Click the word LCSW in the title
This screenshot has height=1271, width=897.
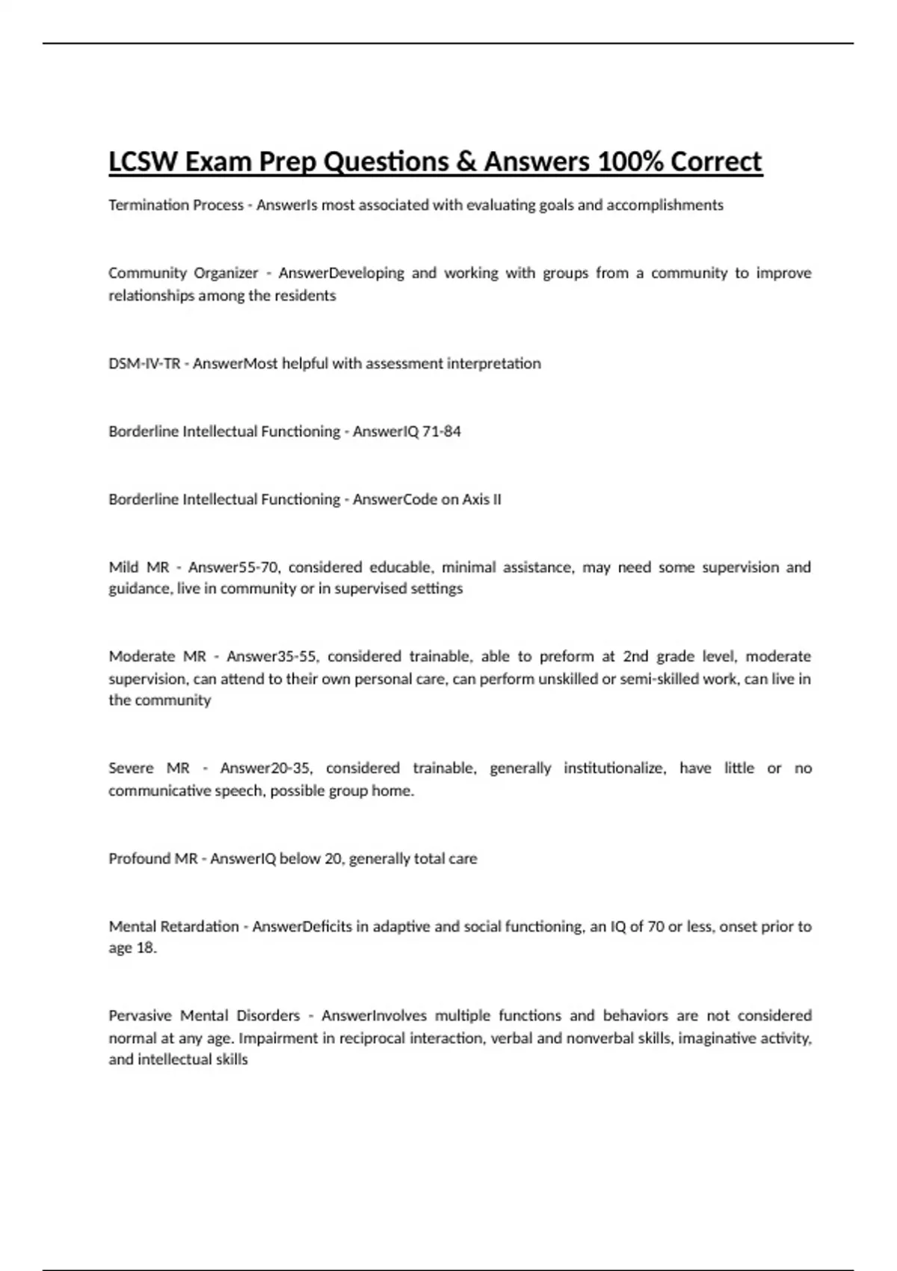point(142,161)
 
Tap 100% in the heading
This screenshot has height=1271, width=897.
point(629,161)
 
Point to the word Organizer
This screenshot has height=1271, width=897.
point(226,273)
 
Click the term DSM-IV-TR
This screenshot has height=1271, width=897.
point(144,363)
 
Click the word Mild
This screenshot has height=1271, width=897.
point(124,567)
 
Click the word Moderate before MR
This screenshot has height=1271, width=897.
point(141,656)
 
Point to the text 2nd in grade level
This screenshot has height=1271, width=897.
point(635,656)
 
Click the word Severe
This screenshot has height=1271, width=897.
point(132,768)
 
